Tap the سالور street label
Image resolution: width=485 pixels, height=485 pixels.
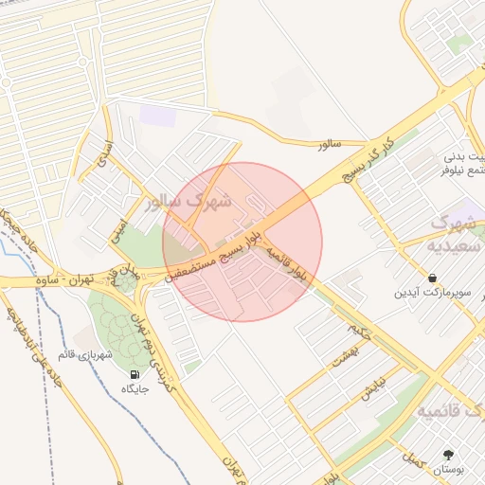(329, 145)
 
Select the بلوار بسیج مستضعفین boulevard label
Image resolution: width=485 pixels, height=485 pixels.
(224, 253)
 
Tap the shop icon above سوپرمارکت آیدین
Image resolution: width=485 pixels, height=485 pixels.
(432, 278)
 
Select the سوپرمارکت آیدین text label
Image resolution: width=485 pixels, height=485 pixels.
(432, 294)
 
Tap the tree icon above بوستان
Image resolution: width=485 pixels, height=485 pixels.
(448, 454)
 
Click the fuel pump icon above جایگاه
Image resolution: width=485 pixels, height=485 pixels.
(134, 374)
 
